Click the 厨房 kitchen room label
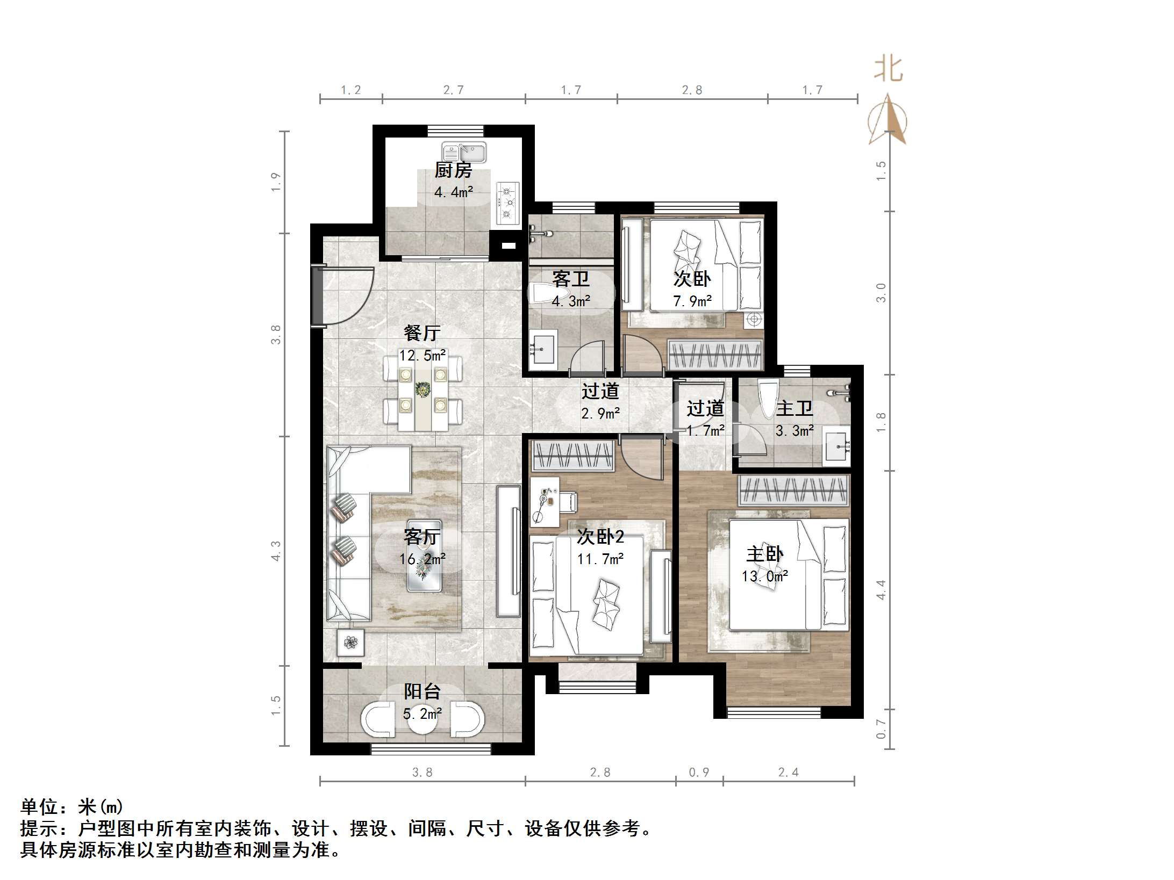tap(453, 170)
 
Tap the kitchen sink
tap(464, 152)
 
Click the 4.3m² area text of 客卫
tap(570, 301)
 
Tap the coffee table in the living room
tap(424, 556)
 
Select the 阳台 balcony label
tap(422, 691)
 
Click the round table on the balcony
tap(422, 720)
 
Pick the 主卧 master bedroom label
tap(764, 554)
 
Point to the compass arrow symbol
tap(887, 120)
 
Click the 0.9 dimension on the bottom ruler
tap(699, 773)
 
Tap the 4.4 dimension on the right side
tap(880, 590)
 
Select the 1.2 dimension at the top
tap(350, 90)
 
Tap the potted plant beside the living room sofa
tap(350, 642)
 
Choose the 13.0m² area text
tap(764, 576)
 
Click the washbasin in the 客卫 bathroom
tap(543, 350)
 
